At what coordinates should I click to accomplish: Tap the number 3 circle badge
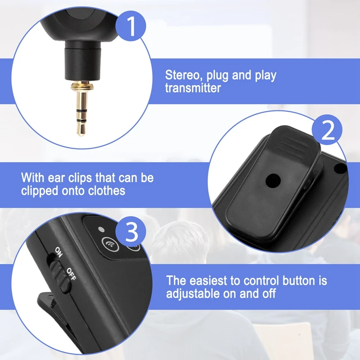click(x=131, y=233)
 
